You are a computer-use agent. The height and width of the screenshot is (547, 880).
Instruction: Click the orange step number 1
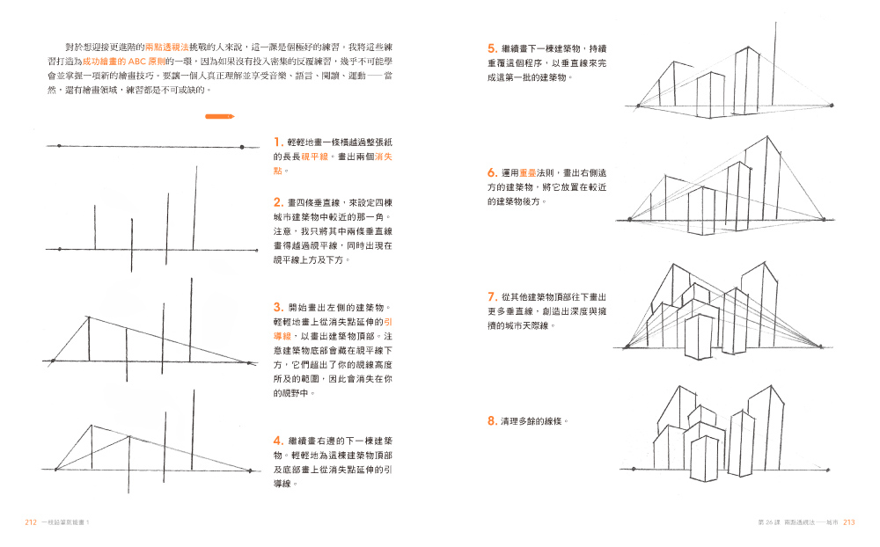pos(277,142)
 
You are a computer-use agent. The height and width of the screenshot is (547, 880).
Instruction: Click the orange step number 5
pos(492,49)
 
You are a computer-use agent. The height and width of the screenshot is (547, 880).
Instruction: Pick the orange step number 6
pos(492,172)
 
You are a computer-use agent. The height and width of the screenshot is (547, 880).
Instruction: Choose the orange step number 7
pos(492,296)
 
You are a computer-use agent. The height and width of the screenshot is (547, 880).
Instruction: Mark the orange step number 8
pos(492,420)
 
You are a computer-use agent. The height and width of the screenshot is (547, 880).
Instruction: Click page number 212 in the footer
pos(31,522)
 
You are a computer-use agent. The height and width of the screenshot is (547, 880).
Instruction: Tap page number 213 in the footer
pos(848,522)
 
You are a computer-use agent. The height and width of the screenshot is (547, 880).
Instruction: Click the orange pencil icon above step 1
pos(219,117)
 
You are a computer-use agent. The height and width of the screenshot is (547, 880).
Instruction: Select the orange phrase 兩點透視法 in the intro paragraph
pos(166,47)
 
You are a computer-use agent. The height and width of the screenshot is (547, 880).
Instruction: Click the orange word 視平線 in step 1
pos(314,157)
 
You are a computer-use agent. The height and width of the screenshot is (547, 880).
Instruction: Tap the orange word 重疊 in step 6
pos(527,172)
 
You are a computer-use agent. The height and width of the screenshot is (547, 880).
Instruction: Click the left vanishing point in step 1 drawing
pos(60,147)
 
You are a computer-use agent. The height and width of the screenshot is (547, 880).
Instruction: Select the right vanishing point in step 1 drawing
pos(242,147)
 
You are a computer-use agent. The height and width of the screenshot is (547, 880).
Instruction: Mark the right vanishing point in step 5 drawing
pos(832,106)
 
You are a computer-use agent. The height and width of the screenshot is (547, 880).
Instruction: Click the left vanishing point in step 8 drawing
pos(634,469)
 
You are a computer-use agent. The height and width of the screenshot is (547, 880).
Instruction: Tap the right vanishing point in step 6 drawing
pos(824,219)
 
